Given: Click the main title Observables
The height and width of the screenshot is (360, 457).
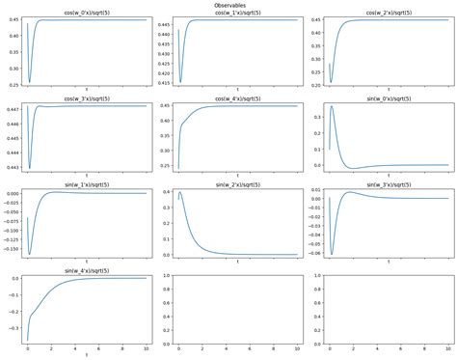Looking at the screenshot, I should pos(228,5).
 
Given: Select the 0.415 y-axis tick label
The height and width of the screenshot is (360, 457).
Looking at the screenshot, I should pos(160,82).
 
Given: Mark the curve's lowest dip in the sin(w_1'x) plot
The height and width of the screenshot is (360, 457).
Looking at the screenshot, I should pos(30,255).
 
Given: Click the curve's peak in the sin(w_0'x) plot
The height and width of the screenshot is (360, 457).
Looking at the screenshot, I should pos(333,106).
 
